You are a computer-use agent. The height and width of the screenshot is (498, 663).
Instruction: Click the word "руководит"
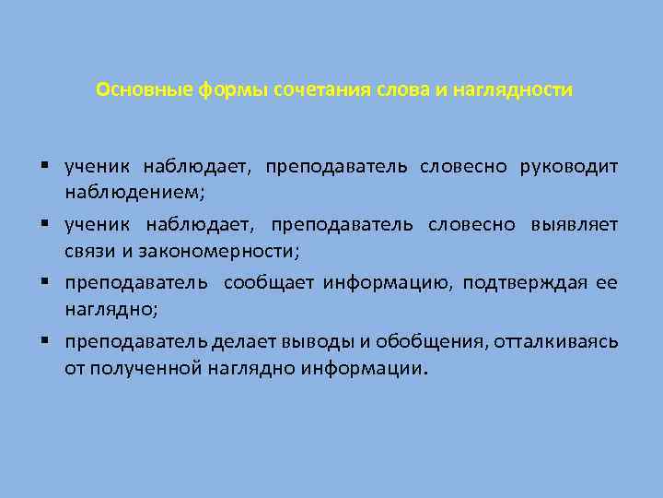pyautogui.click(x=569, y=167)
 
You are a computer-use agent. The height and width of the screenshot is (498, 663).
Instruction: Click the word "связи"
pyautogui.click(x=87, y=251)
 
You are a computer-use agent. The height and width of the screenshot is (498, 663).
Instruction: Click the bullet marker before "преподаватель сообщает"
pyautogui.click(x=44, y=281)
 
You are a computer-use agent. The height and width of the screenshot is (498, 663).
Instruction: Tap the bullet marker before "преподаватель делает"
pyautogui.click(x=44, y=340)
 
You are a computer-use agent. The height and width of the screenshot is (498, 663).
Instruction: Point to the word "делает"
pyautogui.click(x=242, y=341)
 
